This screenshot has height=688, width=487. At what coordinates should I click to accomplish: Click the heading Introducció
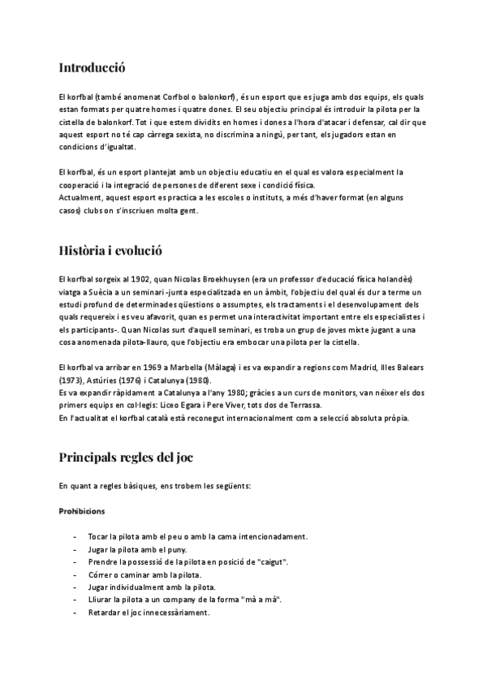click(93, 68)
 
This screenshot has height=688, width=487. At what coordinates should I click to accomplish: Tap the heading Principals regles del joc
click(126, 457)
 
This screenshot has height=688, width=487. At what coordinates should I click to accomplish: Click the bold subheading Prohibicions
click(82, 511)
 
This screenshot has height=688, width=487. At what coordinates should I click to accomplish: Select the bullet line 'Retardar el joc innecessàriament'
click(149, 613)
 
